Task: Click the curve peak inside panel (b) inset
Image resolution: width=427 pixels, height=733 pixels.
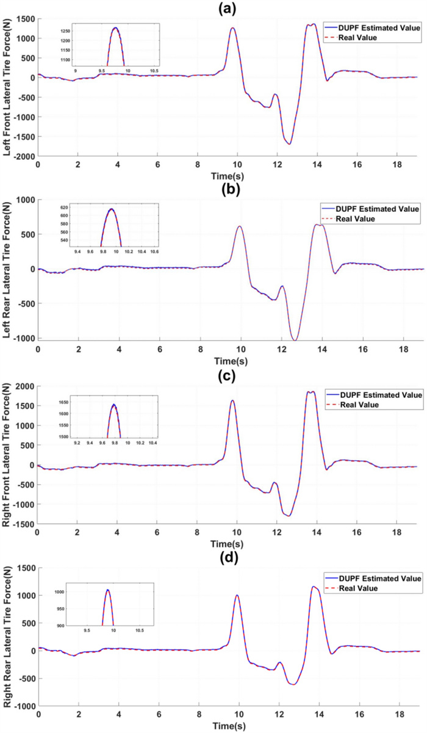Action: point(112,209)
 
